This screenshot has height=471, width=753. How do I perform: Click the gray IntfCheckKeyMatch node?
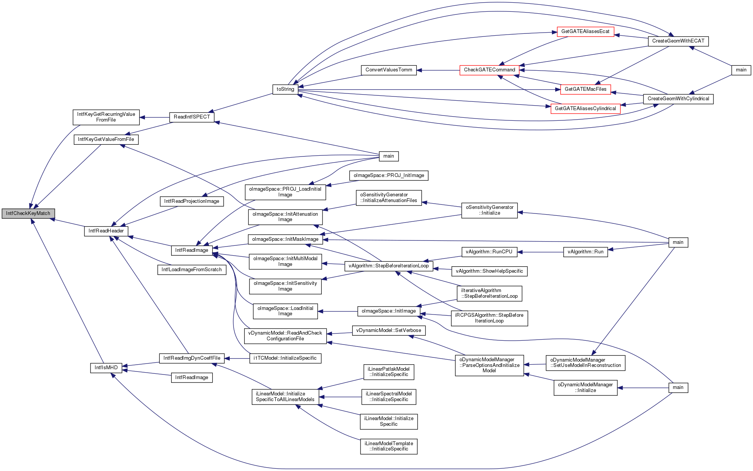28,213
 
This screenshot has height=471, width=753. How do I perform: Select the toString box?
285,89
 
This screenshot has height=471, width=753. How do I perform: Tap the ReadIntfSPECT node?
192,117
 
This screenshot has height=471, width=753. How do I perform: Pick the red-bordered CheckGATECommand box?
489,70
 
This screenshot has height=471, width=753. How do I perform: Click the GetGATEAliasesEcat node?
585,32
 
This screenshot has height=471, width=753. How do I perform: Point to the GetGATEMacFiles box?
586,89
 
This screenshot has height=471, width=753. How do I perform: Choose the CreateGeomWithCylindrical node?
678,99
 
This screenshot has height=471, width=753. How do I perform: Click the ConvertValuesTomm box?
389,70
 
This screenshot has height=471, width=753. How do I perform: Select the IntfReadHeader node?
106,231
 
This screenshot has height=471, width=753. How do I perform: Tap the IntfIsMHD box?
106,368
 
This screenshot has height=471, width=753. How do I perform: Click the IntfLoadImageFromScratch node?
192,270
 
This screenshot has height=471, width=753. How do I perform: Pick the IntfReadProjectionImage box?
192,201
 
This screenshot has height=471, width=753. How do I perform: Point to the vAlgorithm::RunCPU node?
489,252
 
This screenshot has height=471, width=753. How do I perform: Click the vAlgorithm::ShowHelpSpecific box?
489,271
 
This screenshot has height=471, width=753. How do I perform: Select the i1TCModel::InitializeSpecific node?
285,358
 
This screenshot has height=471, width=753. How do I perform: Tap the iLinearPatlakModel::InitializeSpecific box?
389,372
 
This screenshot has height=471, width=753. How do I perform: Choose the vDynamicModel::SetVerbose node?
389,330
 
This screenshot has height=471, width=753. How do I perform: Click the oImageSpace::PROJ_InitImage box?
389,175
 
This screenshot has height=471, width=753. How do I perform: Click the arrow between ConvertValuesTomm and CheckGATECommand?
438,70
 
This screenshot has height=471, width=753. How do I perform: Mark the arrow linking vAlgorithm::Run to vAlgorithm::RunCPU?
540,252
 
